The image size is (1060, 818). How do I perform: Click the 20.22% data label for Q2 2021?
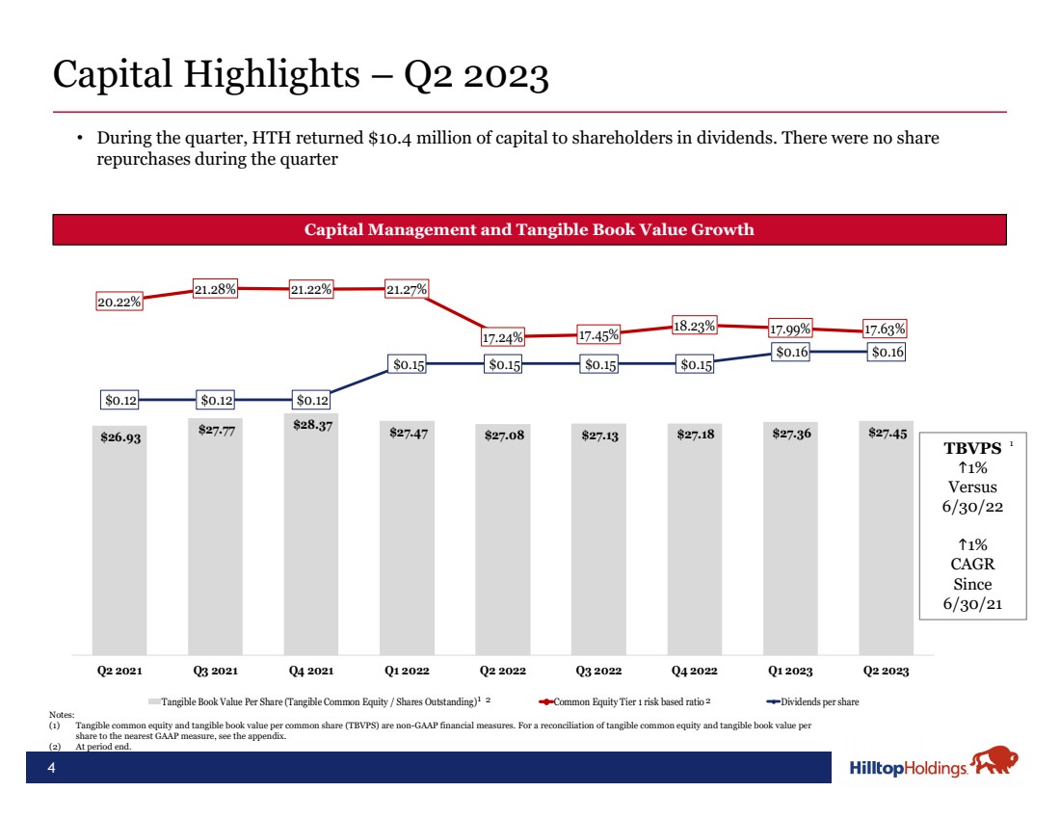tap(119, 302)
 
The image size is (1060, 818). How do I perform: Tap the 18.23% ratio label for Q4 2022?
tap(695, 326)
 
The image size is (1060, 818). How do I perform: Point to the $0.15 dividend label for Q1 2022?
tap(408, 364)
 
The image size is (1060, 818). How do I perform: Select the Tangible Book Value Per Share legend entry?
tap(318, 701)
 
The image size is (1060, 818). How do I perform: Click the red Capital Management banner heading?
tap(529, 230)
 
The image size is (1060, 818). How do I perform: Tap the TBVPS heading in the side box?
tap(971, 449)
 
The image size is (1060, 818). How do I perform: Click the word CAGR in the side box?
tap(972, 565)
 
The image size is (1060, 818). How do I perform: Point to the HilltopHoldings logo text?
tap(909, 769)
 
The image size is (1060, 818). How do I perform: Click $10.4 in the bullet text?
tap(391, 139)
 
